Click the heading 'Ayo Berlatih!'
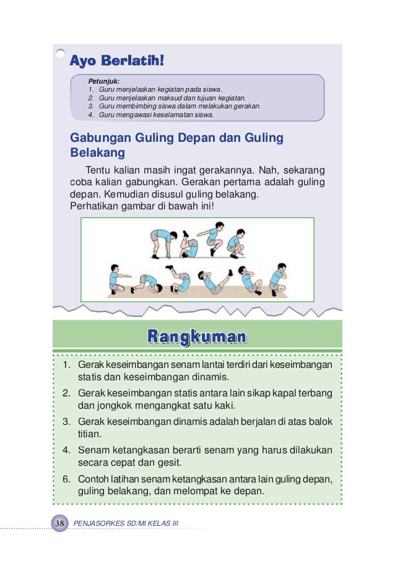(x=117, y=61)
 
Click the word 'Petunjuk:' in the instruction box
(x=103, y=81)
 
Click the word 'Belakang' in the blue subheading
(x=97, y=153)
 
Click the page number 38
(x=60, y=524)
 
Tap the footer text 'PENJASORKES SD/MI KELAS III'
(x=126, y=524)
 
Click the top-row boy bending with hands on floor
(x=158, y=242)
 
